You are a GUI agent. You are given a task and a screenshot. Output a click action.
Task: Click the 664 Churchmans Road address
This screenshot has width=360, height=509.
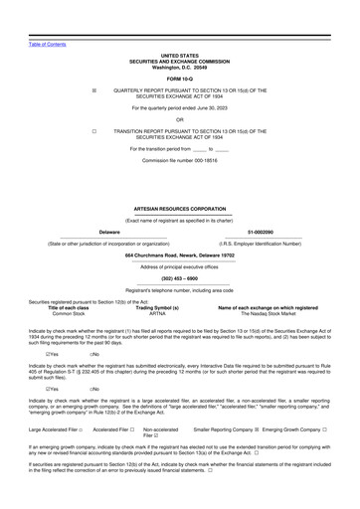coord(179,255)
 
